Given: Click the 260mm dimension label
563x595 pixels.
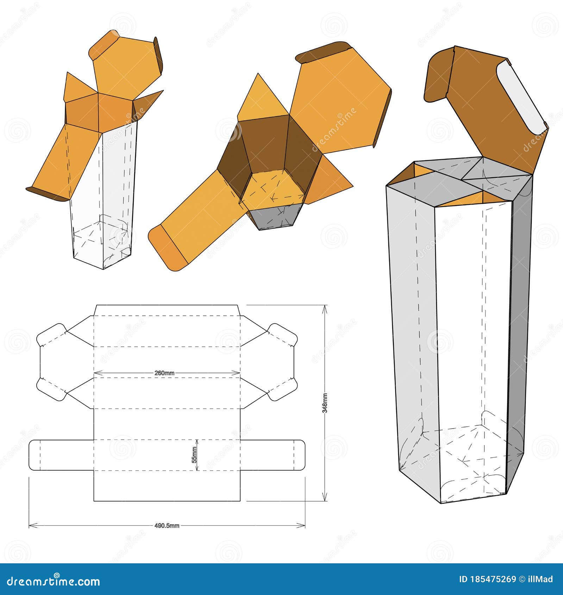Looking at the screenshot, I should click(164, 373).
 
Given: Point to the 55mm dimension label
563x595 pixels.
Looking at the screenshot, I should click(195, 455).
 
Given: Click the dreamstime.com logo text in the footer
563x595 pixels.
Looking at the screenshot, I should click(54, 581).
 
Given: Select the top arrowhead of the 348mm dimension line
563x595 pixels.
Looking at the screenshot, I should click(325, 308).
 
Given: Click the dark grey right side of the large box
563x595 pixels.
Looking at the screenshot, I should click(519, 334).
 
